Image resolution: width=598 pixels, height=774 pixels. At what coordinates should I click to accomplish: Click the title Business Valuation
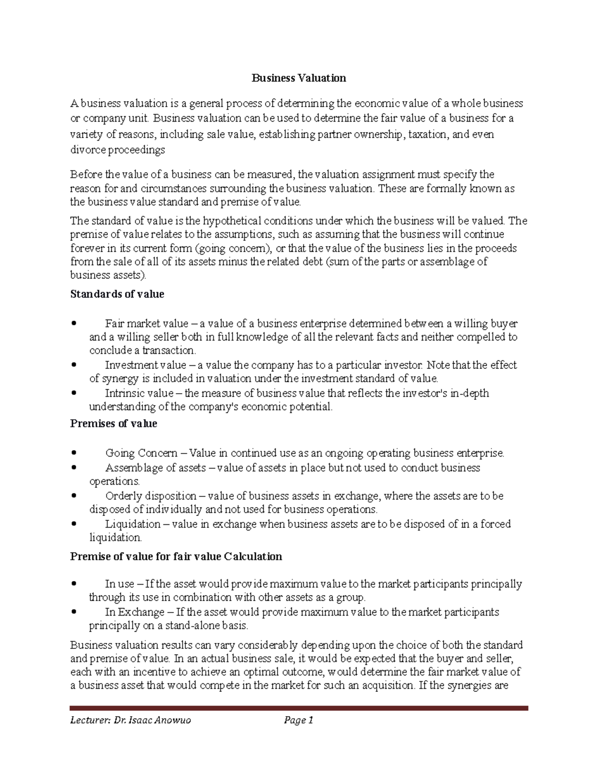[x=299, y=78]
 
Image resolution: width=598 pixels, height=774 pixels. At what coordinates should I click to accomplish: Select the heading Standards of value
[x=117, y=294]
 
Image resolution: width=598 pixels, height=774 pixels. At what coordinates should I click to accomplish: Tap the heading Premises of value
[x=114, y=424]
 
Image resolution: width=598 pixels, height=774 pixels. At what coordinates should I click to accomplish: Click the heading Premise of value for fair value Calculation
[x=176, y=556]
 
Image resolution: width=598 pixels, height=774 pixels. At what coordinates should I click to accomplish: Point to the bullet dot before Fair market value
[x=74, y=323]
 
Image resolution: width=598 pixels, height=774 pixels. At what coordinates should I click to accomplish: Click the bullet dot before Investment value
[x=74, y=365]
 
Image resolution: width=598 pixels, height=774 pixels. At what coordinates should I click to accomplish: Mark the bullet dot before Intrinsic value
[x=74, y=393]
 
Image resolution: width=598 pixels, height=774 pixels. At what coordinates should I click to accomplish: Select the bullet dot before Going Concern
[x=74, y=453]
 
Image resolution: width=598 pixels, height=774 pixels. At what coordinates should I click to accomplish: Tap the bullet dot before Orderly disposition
[x=74, y=496]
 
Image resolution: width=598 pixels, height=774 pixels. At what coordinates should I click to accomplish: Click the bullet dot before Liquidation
[x=74, y=524]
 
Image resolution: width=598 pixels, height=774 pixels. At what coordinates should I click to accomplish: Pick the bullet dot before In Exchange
[x=74, y=612]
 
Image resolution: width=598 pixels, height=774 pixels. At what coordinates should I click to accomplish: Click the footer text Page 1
[x=298, y=720]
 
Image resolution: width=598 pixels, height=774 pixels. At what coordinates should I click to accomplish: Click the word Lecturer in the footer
[x=89, y=720]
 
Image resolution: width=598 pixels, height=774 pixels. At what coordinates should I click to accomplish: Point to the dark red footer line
[x=299, y=708]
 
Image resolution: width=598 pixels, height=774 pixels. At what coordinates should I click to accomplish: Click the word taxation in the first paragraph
[x=427, y=135]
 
